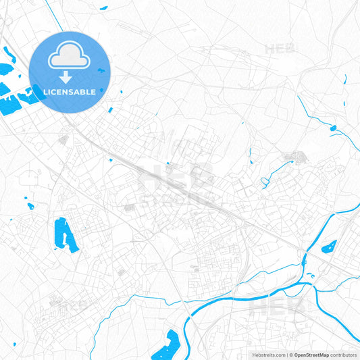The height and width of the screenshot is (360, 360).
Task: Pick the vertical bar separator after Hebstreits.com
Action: click(287, 355)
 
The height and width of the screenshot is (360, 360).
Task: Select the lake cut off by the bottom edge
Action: click(165, 346)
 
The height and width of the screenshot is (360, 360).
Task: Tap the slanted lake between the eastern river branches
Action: click(329, 246)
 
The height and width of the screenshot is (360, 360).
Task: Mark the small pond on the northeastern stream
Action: click(332, 128)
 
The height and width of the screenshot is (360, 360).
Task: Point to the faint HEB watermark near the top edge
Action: click(280, 49)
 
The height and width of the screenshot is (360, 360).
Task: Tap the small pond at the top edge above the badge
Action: click(103, 8)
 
